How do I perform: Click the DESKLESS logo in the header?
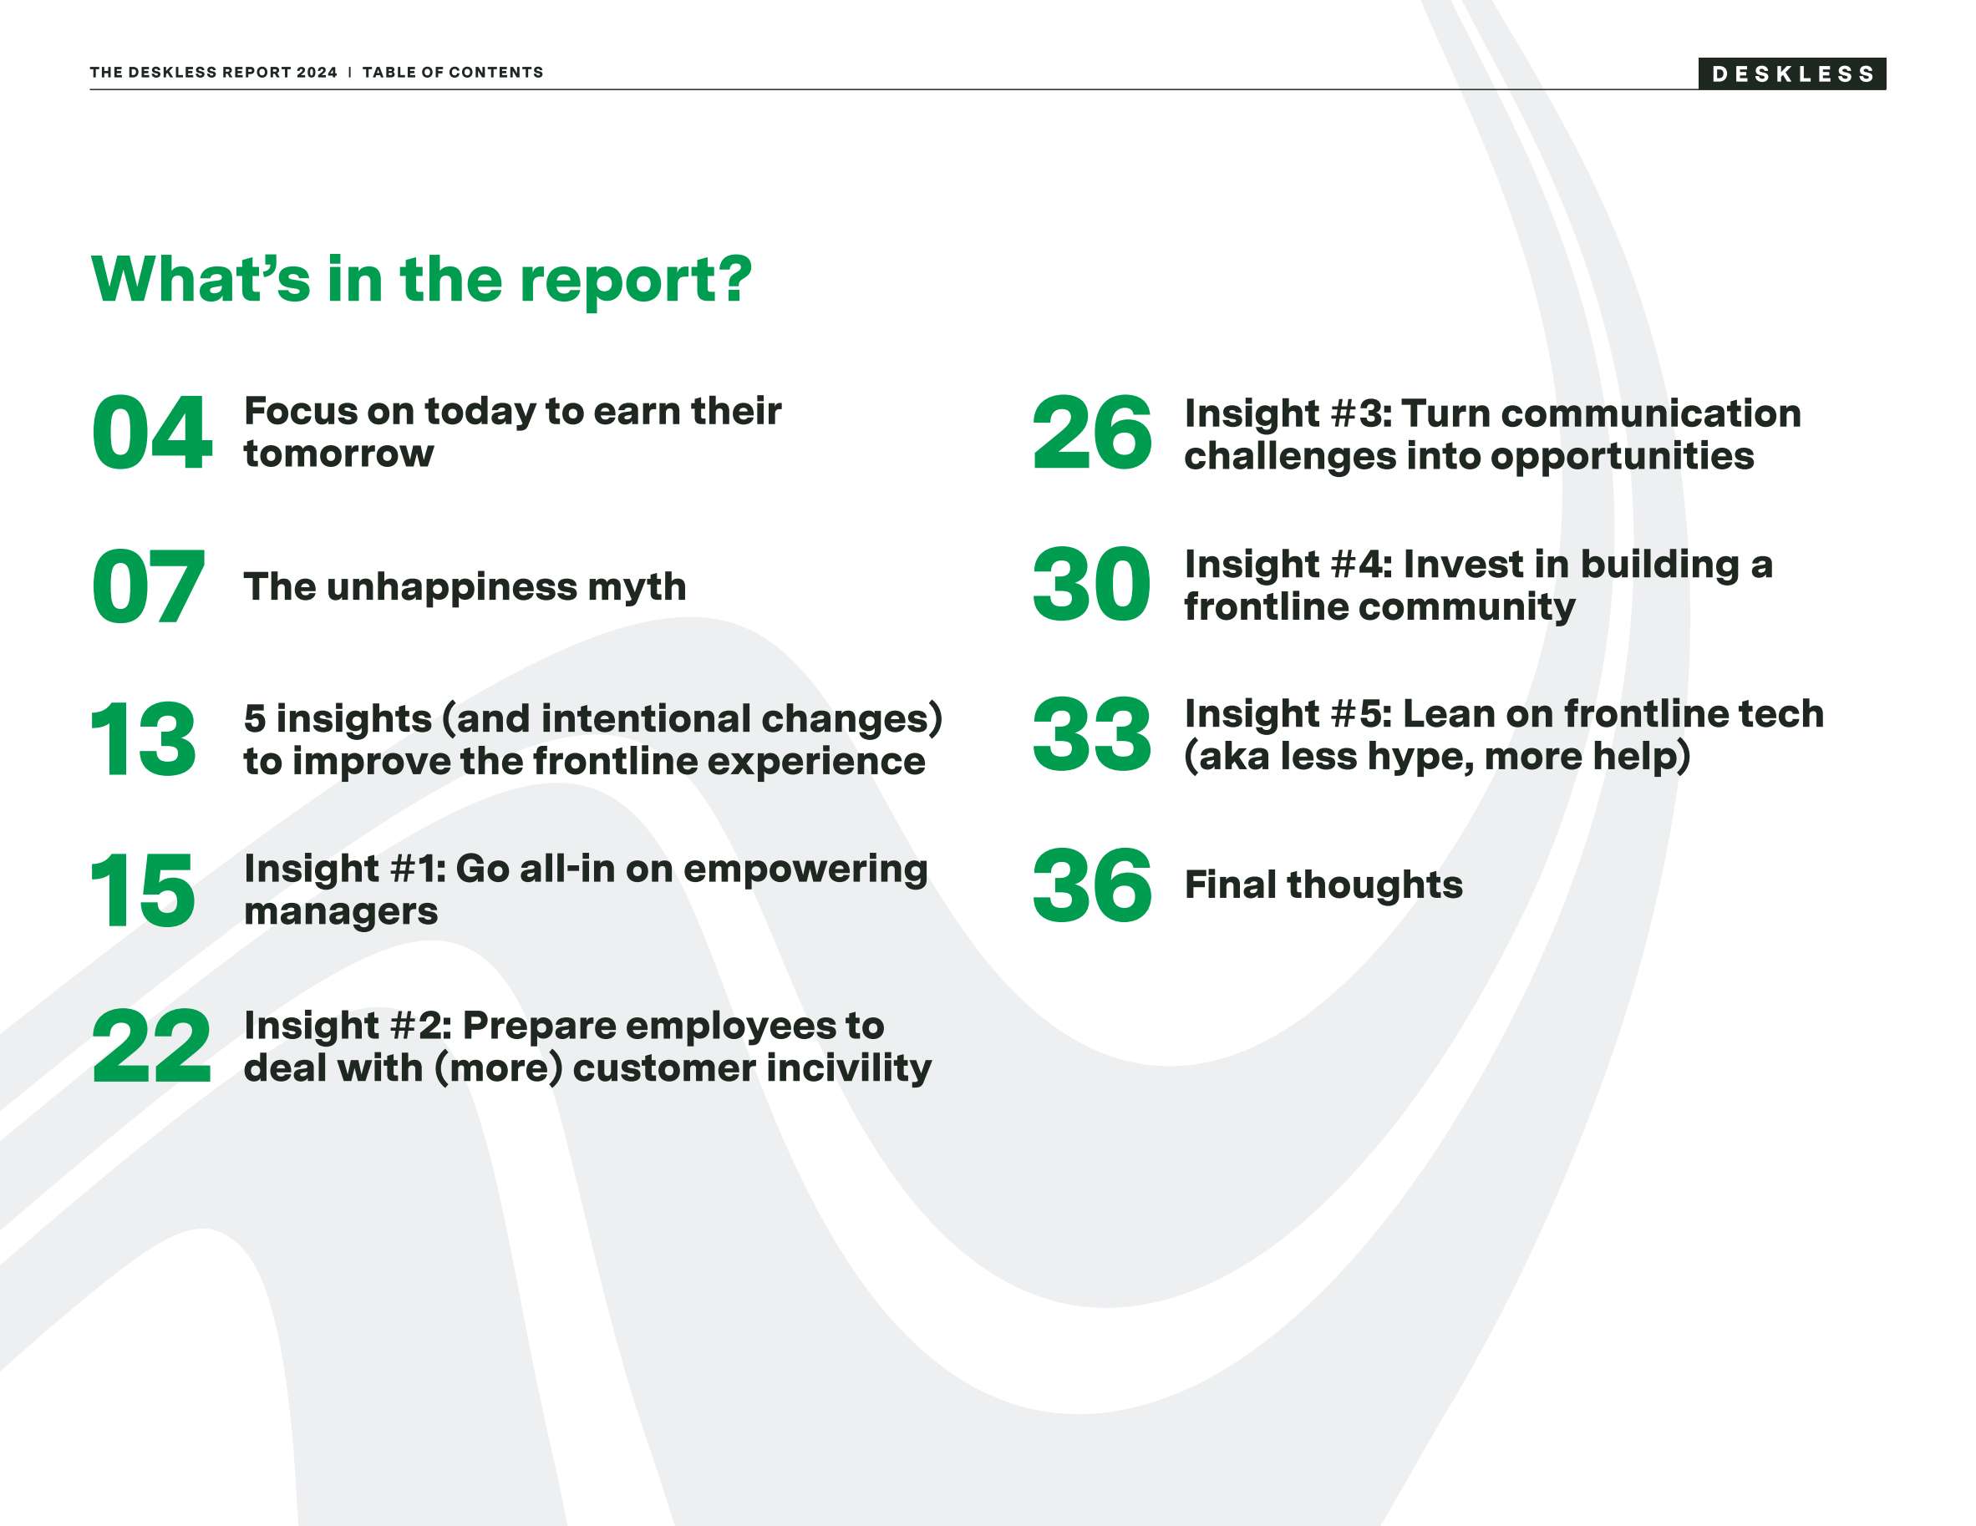pos(1791,74)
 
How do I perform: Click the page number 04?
pos(152,433)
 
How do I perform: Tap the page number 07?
pos(149,587)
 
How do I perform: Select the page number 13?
pos(143,740)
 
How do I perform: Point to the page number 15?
pos(143,891)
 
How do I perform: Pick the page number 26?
pos(1092,433)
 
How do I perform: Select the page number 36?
pos(1092,885)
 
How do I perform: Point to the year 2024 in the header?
pos(317,73)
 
